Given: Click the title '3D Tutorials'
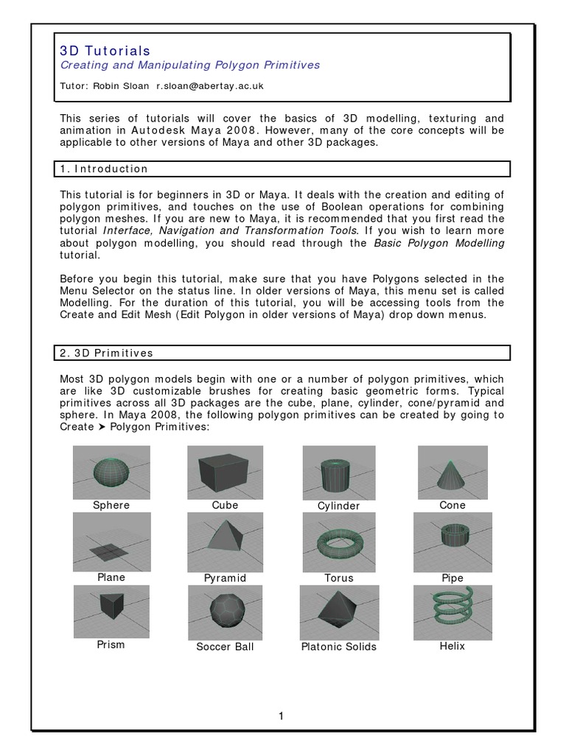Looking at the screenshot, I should click(105, 50).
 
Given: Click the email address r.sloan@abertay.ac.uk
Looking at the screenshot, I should click(209, 86).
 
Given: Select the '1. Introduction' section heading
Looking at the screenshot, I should click(104, 169).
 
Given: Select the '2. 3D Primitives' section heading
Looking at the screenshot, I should click(106, 353).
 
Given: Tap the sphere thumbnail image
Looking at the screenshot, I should click(111, 472).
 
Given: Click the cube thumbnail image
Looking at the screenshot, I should click(225, 472).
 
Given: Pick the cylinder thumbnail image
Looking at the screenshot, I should click(338, 473).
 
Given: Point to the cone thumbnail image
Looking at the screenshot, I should click(452, 472).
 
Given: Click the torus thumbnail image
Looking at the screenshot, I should click(338, 543).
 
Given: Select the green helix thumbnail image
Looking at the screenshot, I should click(452, 612).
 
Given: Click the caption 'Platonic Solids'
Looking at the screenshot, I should click(338, 646).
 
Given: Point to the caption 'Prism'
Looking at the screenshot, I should click(111, 644).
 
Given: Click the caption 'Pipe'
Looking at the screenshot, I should click(452, 578).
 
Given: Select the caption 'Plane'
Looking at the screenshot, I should click(111, 577).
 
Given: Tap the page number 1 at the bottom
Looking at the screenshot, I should click(282, 716).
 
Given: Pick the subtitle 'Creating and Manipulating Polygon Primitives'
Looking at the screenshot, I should click(189, 66).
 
